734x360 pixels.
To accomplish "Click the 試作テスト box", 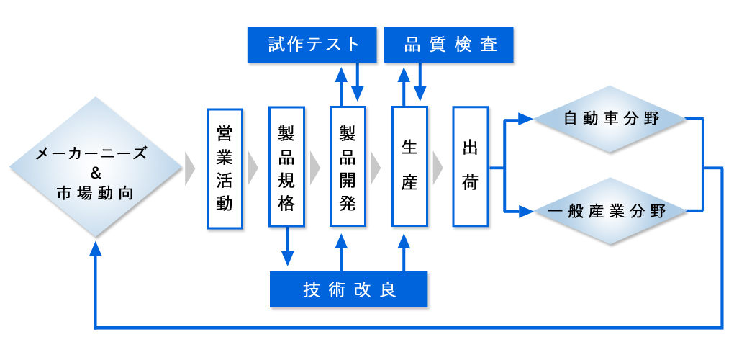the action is [312, 45].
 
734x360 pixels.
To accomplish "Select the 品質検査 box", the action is [448, 45].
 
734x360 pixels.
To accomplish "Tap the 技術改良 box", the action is [349, 289].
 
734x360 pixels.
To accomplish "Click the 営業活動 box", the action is [225, 168].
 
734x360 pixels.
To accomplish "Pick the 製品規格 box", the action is [286, 166].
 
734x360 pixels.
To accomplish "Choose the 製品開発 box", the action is [348, 166].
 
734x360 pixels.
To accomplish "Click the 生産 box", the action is [409, 166].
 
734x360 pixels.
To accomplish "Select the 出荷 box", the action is [471, 166].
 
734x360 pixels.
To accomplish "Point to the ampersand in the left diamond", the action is [96, 174].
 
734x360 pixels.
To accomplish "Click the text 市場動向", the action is [96, 193].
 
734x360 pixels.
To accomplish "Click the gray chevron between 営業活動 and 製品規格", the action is [253, 168].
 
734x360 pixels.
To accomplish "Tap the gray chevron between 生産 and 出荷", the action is [438, 168].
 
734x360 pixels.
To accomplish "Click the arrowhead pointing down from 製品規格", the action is [287, 258].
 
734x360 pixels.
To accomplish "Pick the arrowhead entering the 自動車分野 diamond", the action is [526, 119].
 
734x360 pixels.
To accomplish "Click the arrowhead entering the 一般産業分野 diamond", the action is [526, 212].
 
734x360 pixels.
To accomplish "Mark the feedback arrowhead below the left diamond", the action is [96, 248].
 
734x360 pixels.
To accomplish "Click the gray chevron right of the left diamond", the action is [190, 168].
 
